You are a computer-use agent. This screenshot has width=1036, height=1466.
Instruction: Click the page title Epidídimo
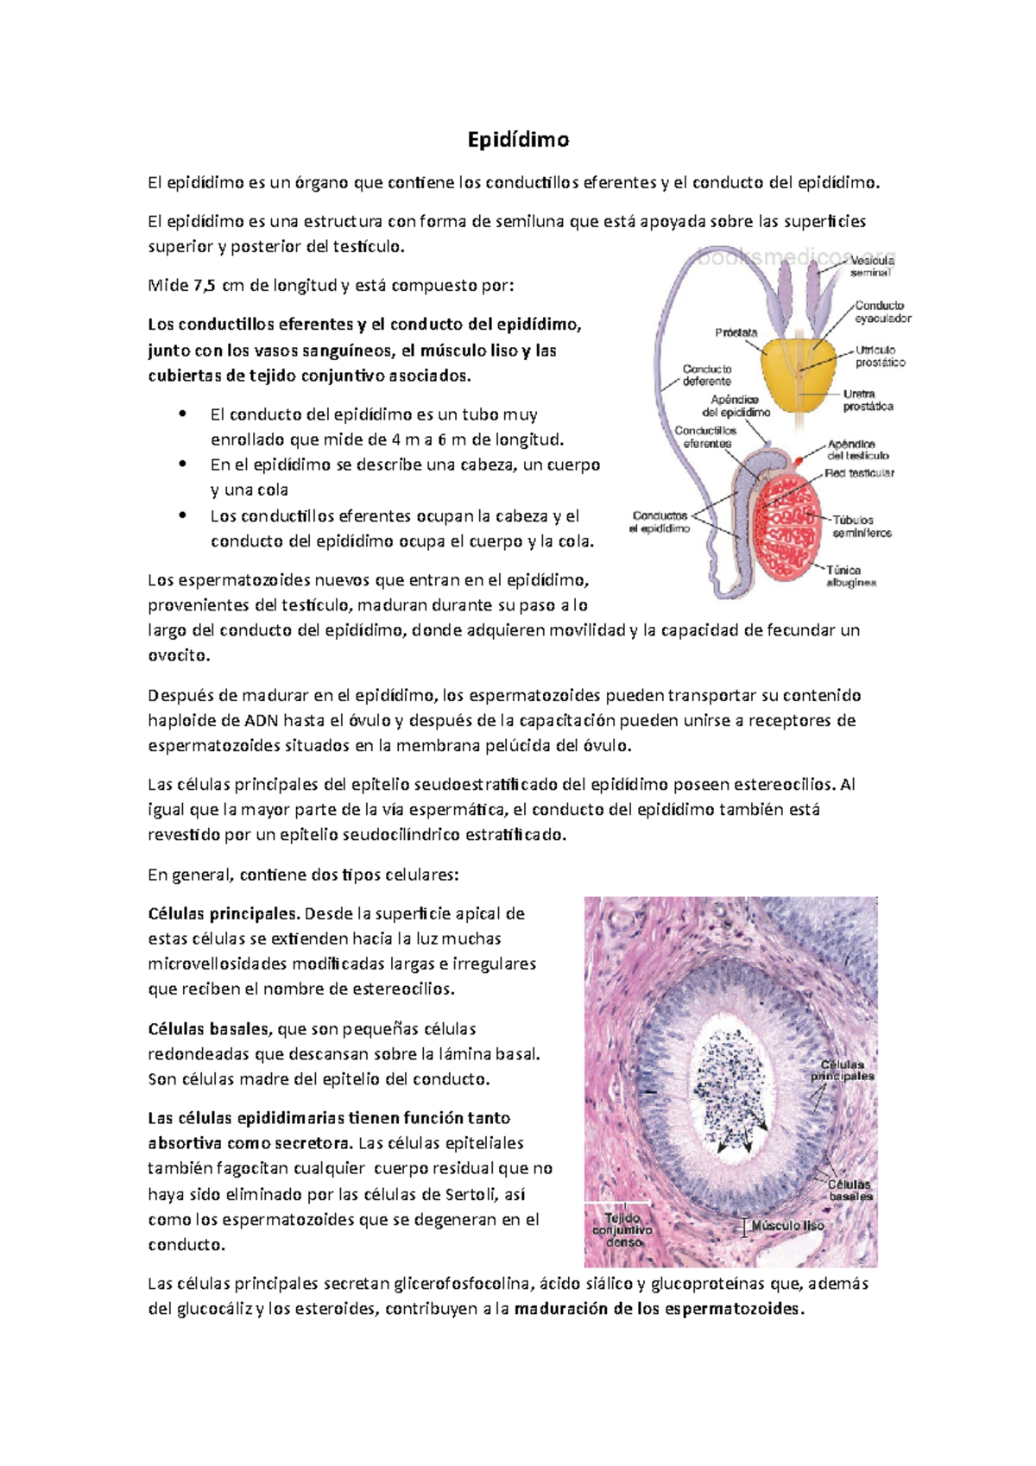[x=518, y=140]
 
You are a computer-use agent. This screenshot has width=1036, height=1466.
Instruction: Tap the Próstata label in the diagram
[x=736, y=332]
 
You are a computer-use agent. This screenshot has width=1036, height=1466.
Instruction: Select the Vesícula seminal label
[x=872, y=267]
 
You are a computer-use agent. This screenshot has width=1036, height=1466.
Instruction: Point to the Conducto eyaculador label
[x=882, y=312]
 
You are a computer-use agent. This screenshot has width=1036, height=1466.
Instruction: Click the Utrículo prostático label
[x=881, y=357]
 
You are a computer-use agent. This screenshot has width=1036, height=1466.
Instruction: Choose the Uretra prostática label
[x=868, y=401]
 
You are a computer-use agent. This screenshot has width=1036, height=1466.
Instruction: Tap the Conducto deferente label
[x=707, y=375]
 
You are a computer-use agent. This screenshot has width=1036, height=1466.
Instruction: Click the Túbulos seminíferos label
[x=862, y=527]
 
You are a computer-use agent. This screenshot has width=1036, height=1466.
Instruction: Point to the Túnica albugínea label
[x=850, y=576]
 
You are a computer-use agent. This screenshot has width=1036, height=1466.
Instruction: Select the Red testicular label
[x=859, y=473]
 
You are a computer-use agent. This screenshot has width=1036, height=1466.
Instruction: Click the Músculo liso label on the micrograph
[x=787, y=1226]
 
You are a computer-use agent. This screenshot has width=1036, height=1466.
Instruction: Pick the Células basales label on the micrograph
[x=850, y=1191]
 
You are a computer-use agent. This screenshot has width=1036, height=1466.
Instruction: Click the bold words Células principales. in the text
[x=224, y=913]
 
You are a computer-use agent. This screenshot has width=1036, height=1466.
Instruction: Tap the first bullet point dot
[x=182, y=414]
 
